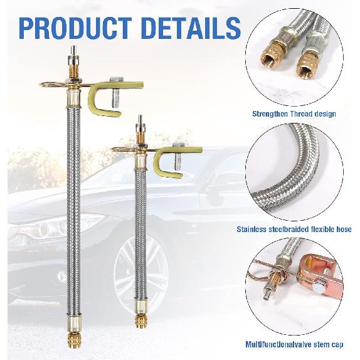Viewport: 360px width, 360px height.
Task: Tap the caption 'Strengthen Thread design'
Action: pyautogui.click(x=294, y=114)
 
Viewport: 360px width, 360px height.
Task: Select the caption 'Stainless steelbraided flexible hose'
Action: pyautogui.click(x=294, y=230)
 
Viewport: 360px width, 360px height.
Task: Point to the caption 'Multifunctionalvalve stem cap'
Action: pyautogui.click(x=295, y=344)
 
